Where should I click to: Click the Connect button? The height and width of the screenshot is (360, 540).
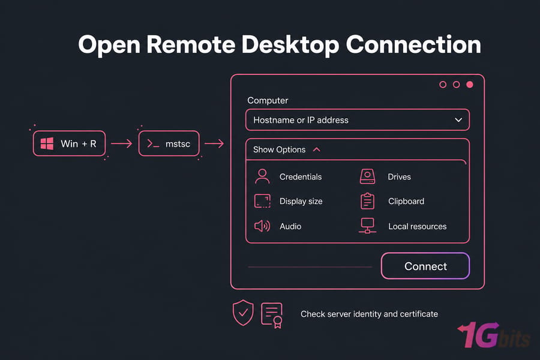[x=425, y=266]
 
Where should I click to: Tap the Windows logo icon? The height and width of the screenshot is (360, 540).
[x=47, y=143]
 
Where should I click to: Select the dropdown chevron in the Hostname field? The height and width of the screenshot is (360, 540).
[x=458, y=120]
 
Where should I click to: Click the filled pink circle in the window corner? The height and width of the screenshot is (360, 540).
[x=469, y=85]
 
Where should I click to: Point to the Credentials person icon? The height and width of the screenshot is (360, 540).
[x=262, y=176]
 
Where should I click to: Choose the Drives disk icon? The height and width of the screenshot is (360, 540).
[x=367, y=176]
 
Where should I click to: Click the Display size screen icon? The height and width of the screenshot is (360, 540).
[x=262, y=201]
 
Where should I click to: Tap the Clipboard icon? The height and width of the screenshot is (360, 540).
[x=367, y=201]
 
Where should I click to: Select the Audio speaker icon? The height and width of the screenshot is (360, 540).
[x=262, y=226]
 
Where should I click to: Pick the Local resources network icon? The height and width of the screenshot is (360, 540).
[x=367, y=226]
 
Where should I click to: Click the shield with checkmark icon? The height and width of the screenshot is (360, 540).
[x=243, y=313]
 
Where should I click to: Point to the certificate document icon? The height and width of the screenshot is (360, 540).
[x=272, y=315]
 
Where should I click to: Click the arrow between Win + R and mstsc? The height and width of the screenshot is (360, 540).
[x=122, y=143]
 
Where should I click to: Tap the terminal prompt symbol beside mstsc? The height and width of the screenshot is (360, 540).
[x=153, y=143]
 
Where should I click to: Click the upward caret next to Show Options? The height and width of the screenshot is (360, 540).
[x=316, y=149]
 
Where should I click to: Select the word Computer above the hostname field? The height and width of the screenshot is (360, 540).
[x=268, y=100]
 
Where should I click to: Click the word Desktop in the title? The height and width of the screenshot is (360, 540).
[x=290, y=44]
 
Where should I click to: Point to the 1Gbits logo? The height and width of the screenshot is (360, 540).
[x=494, y=335]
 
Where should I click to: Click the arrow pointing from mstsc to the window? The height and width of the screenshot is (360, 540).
[x=214, y=143]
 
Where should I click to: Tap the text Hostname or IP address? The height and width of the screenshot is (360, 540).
[x=301, y=120]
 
